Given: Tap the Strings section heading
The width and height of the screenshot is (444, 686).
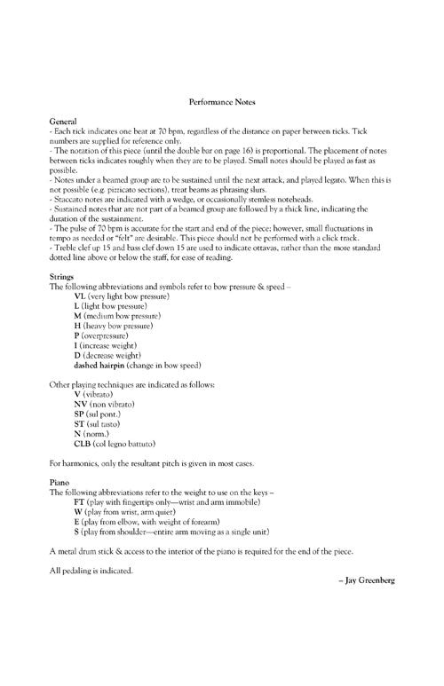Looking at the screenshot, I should [x=63, y=279].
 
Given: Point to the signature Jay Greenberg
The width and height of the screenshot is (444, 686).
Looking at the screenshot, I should [x=367, y=579].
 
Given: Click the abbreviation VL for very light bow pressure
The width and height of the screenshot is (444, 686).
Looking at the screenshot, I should [x=80, y=296].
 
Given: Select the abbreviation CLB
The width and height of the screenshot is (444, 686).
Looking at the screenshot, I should [x=83, y=442].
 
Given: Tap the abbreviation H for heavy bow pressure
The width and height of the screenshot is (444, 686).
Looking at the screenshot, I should [x=77, y=326].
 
